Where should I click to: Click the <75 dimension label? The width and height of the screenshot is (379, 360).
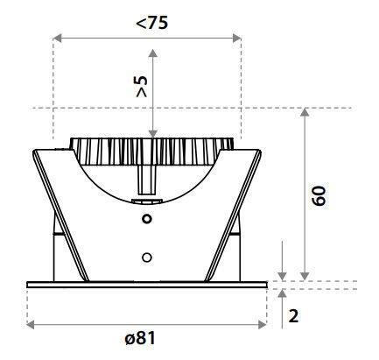point(152,23)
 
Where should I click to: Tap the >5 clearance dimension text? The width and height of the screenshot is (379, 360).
point(142,87)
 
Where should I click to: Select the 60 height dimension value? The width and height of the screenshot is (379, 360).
point(319,195)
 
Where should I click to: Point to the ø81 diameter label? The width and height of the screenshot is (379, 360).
point(140,338)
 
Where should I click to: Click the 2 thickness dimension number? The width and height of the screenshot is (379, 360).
point(293,315)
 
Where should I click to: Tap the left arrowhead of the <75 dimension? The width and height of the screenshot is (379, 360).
point(58,38)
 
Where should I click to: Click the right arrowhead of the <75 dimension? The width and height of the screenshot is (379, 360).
point(236,38)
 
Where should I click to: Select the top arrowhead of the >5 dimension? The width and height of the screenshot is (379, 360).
point(153,53)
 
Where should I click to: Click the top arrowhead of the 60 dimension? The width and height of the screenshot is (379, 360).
point(305,112)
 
